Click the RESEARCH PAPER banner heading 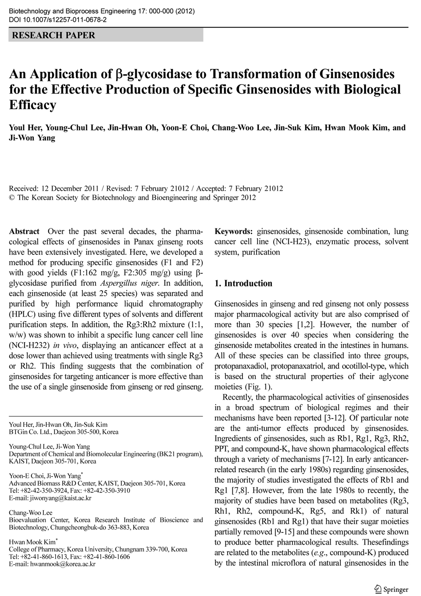(x=54, y=36)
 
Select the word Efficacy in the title (x=33, y=105)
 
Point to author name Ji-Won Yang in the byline (x=32, y=138)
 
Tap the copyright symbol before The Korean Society (x=12, y=198)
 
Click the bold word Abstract (x=24, y=231)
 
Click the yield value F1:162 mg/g (x=85, y=273)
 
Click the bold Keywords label (x=233, y=231)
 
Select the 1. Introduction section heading (x=243, y=284)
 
